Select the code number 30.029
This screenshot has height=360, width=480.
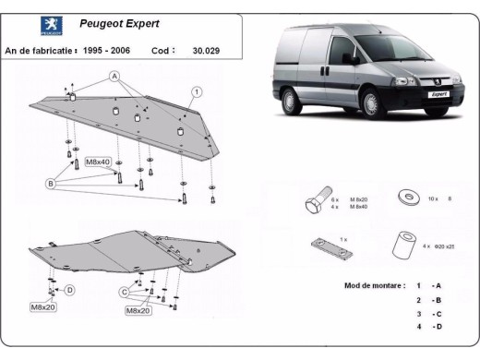[x=208, y=52]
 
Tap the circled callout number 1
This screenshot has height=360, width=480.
[x=197, y=91]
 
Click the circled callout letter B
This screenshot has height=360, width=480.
[x=50, y=183]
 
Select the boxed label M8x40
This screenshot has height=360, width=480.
[x=98, y=162]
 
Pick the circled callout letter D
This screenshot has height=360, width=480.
[x=69, y=289]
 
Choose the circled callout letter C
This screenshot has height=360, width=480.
[x=123, y=292]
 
